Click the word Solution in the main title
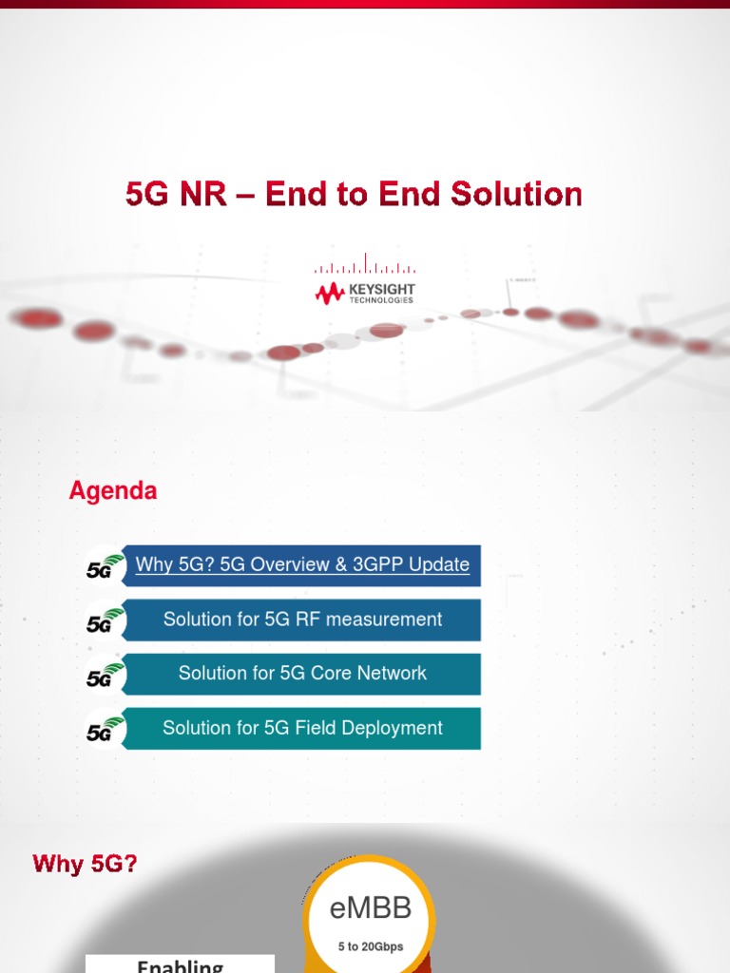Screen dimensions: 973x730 (x=516, y=194)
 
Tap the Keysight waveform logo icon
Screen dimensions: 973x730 (x=330, y=294)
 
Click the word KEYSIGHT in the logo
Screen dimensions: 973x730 (x=381, y=289)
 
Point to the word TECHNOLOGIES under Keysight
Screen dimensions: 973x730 (x=381, y=300)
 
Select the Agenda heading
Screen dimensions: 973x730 (x=113, y=491)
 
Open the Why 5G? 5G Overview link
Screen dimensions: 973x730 (x=302, y=564)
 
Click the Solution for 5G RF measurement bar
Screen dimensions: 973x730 (x=302, y=620)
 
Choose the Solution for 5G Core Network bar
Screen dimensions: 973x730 (x=302, y=674)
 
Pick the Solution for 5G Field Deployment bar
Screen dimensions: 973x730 (x=302, y=728)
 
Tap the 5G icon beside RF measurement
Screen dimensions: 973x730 (x=104, y=620)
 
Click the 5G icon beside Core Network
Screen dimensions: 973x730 (x=104, y=675)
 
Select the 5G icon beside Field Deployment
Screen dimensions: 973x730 (x=104, y=729)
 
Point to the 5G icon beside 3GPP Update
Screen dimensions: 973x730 (x=104, y=566)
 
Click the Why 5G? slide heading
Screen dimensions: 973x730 (x=86, y=864)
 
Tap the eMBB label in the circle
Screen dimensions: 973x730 (x=370, y=909)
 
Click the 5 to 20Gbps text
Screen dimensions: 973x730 (x=369, y=946)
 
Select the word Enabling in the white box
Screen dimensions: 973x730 (x=180, y=965)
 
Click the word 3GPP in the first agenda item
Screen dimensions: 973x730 (x=377, y=564)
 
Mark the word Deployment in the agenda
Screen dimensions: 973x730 (x=392, y=728)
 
